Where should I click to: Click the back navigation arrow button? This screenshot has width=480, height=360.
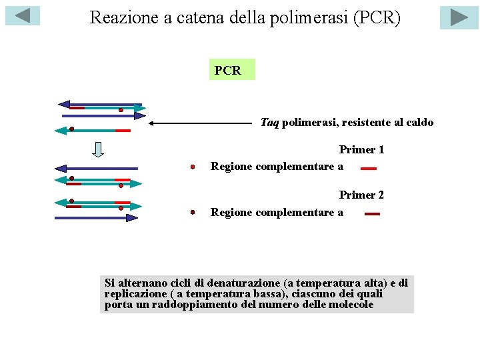pyautogui.click(x=23, y=15)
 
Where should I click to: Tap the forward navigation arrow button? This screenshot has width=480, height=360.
pyautogui.click(x=459, y=17)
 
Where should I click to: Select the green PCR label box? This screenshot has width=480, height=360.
pyautogui.click(x=231, y=69)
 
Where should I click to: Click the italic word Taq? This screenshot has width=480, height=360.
pyautogui.click(x=269, y=123)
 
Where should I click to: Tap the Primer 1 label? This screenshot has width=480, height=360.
pyautogui.click(x=361, y=150)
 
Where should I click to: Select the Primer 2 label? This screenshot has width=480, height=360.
pyautogui.click(x=361, y=195)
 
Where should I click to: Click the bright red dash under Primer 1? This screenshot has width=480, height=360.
pyautogui.click(x=369, y=168)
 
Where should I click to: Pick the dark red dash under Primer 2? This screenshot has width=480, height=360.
pyautogui.click(x=372, y=214)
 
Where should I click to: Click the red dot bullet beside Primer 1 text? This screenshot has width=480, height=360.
pyautogui.click(x=192, y=167)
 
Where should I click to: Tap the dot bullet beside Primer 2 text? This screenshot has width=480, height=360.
pyautogui.click(x=192, y=212)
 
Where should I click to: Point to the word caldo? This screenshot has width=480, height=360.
pyautogui.click(x=419, y=123)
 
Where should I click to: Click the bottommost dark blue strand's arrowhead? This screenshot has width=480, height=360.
pyautogui.click(x=133, y=217)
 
